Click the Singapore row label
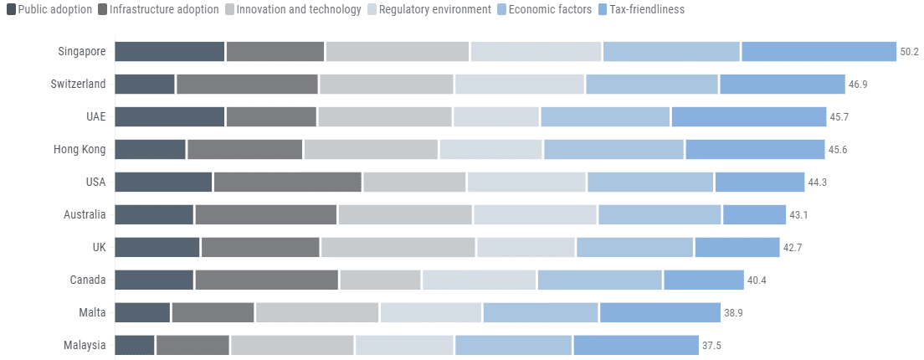pyautogui.click(x=82, y=51)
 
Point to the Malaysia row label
pyautogui.click(x=85, y=345)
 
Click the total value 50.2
pyautogui.click(x=910, y=51)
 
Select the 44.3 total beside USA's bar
pyautogui.click(x=818, y=182)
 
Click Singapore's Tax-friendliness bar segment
pyautogui.click(x=819, y=51)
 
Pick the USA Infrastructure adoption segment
pyautogui.click(x=287, y=182)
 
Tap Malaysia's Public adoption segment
pyautogui.click(x=134, y=345)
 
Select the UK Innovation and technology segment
pyautogui.click(x=398, y=247)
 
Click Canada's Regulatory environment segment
pyautogui.click(x=479, y=280)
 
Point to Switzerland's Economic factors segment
pyautogui.click(x=652, y=84)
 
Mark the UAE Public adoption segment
pyautogui.click(x=169, y=116)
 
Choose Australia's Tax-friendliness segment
pyautogui.click(x=754, y=214)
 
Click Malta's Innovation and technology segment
pyautogui.click(x=317, y=312)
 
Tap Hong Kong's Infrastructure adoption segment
pyautogui.click(x=244, y=149)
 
